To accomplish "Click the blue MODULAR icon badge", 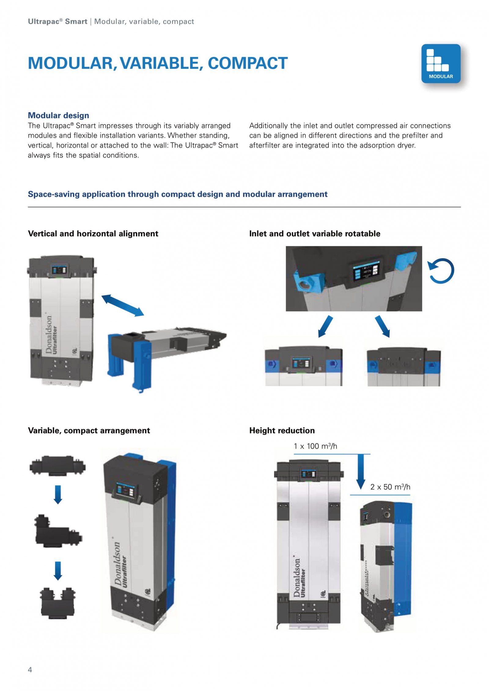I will (440, 64).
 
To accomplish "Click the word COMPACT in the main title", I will (248, 63).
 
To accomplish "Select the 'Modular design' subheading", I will (58, 115).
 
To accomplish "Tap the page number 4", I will (30, 669).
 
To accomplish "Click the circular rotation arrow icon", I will (441, 271).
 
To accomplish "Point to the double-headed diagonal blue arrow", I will (122, 305).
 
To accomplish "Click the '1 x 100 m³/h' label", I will (315, 446).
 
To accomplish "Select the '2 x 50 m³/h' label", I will (390, 487).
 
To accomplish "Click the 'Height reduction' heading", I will (282, 430).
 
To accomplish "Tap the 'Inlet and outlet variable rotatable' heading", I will (314, 233).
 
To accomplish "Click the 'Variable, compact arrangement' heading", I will (89, 430).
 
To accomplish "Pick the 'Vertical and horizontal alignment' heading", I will (93, 233).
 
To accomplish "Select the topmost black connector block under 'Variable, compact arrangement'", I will (57, 466).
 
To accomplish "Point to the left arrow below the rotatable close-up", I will (325, 326).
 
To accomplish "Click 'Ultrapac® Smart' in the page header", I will (57, 21).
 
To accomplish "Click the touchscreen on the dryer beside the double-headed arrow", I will (59, 270).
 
